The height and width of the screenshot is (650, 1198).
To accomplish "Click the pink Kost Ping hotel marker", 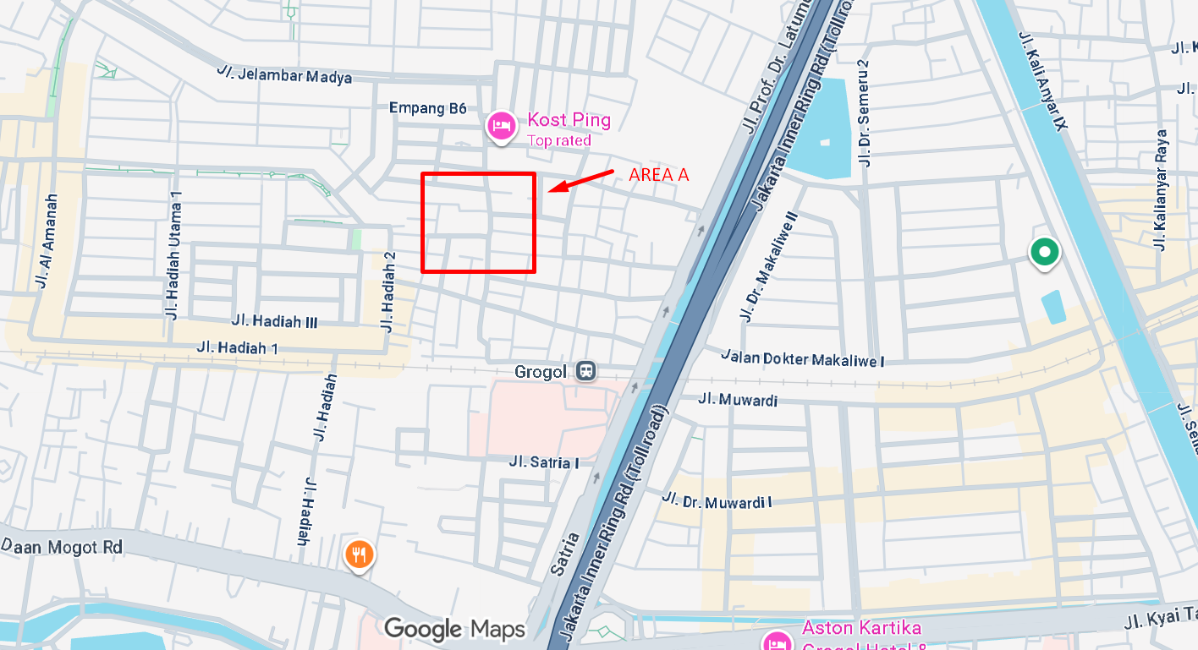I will [x=500, y=127].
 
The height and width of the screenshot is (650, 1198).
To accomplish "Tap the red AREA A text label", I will [x=658, y=174].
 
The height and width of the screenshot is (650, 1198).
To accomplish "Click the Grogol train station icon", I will [x=585, y=371].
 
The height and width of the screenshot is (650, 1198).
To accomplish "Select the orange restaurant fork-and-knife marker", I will [x=360, y=554].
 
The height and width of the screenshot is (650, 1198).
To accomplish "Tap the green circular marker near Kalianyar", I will [x=1044, y=252].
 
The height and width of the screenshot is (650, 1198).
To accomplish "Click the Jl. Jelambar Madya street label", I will [x=283, y=74].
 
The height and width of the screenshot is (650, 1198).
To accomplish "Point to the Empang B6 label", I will [x=427, y=108].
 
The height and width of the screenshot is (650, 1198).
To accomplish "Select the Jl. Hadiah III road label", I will [x=274, y=321].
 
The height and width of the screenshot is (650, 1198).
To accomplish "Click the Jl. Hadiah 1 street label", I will [x=237, y=347].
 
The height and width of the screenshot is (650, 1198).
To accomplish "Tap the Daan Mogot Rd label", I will [x=62, y=547].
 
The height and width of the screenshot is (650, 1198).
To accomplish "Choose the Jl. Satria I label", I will [x=544, y=462].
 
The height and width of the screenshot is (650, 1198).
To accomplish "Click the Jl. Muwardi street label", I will [x=738, y=400].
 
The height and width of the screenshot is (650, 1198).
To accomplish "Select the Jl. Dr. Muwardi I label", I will [x=717, y=500].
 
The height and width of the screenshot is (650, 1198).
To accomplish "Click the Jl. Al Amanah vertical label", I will [x=47, y=241].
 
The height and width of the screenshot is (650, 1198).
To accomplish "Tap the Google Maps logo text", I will [x=454, y=629].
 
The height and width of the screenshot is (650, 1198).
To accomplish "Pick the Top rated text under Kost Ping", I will [x=558, y=140].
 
